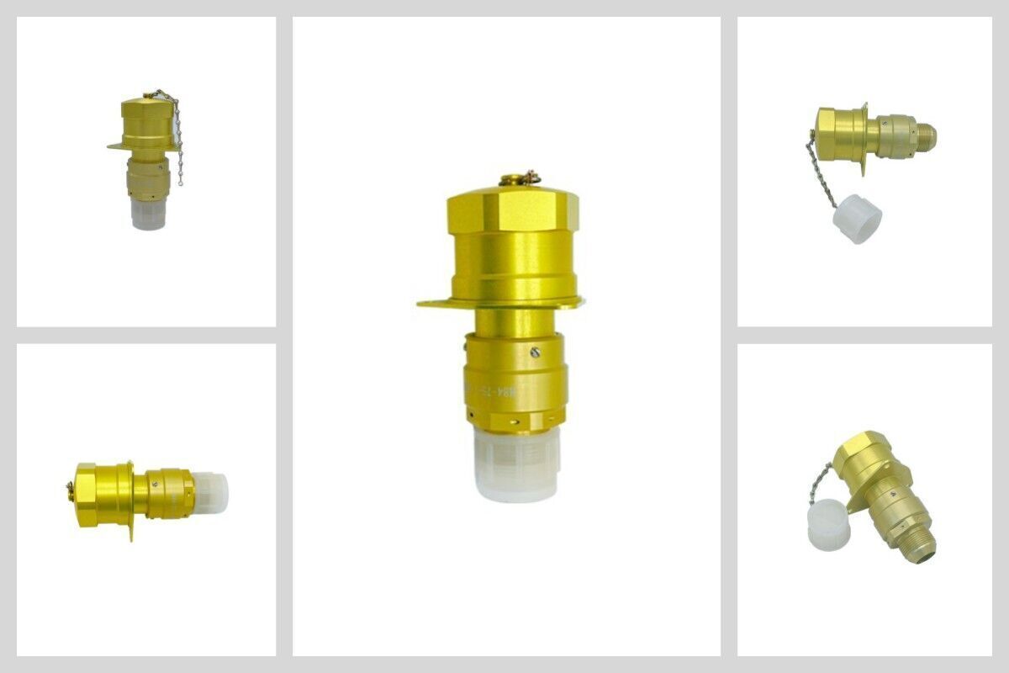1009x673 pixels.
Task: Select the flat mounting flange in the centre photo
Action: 437,303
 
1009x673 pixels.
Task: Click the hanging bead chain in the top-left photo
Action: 177,139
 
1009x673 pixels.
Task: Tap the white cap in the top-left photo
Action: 147,214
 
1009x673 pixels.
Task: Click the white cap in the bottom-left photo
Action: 211,492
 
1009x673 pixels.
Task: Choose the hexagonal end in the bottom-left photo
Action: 86,495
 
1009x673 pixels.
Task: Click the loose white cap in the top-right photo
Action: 858,219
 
